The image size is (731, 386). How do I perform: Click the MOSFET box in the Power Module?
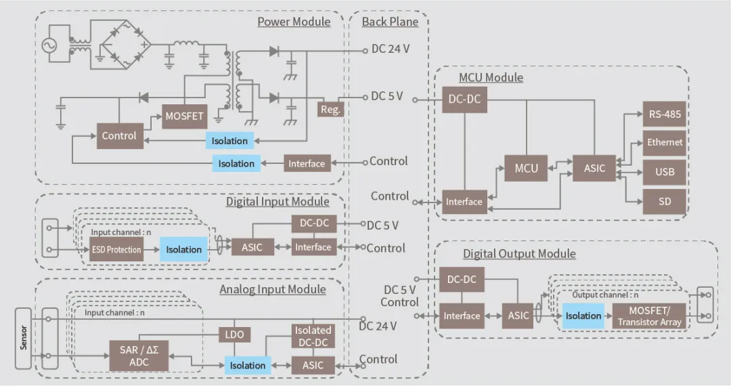click(184, 116)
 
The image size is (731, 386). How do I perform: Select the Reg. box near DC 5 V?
click(330, 108)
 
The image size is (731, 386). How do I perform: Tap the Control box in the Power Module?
click(119, 135)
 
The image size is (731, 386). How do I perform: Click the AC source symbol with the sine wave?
click(50, 45)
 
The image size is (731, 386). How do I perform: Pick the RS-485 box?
click(665, 114)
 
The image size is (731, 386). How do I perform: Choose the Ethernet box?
click(665, 143)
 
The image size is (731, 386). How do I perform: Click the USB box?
click(665, 171)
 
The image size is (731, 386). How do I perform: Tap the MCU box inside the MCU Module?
click(527, 168)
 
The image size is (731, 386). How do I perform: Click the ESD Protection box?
click(116, 250)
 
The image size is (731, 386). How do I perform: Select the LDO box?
click(234, 334)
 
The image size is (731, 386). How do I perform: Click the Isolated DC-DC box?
click(313, 336)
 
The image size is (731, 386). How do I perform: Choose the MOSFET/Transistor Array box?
click(648, 316)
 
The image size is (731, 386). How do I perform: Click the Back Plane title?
click(390, 22)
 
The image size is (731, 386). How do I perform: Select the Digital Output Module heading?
click(519, 254)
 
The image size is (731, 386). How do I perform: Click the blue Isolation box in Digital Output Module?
click(583, 316)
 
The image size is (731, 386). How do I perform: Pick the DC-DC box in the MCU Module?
click(464, 99)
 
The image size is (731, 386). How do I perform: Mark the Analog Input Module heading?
click(272, 290)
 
